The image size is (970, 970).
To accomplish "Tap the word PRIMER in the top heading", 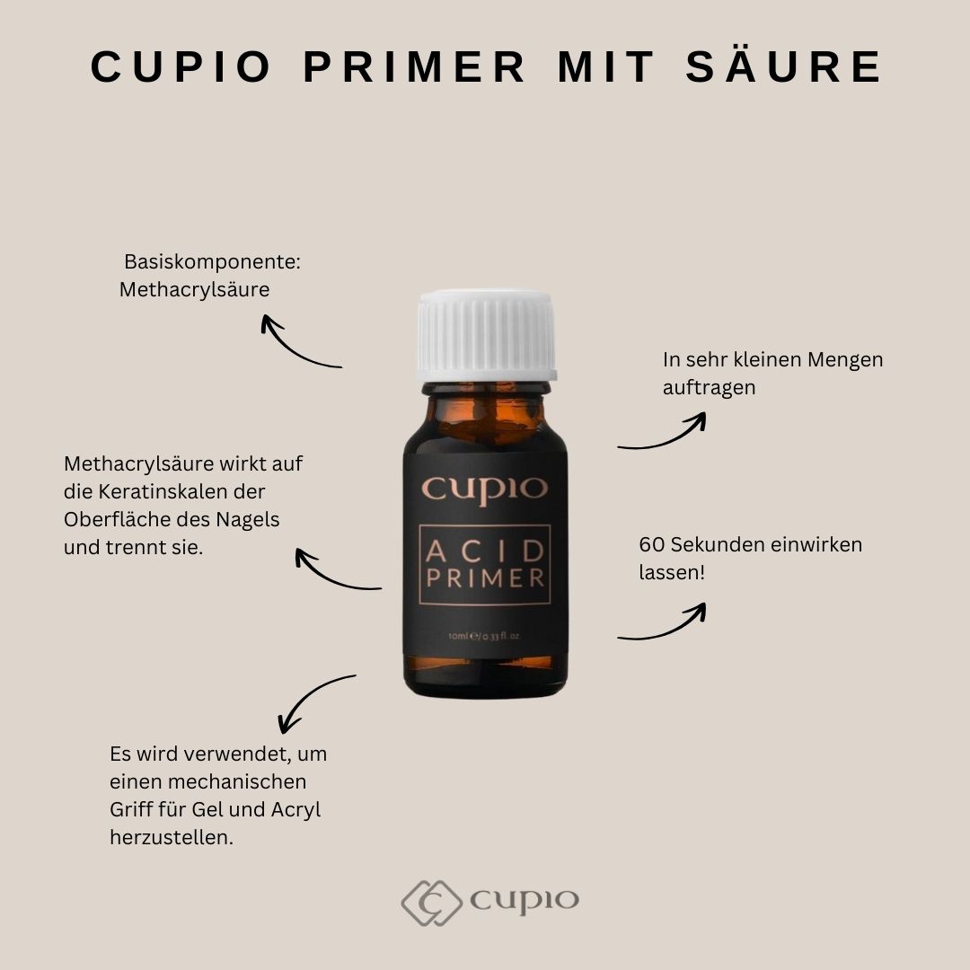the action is pos(414,66).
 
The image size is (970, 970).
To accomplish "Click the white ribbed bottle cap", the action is pos(487,335).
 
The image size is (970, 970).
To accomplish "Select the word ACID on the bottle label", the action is pos(485,551).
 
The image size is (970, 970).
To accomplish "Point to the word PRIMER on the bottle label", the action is pos(485,578).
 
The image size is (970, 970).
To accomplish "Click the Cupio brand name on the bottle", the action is pos(484,489).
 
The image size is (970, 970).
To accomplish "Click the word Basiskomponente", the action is pos(212,261).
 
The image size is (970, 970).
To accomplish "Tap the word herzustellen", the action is pos(172,837).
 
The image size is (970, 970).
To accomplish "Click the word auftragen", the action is pos(709,388).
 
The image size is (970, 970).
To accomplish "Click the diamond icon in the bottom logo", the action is pos(431,903).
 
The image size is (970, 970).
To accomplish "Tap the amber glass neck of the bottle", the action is pos(486,411).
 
